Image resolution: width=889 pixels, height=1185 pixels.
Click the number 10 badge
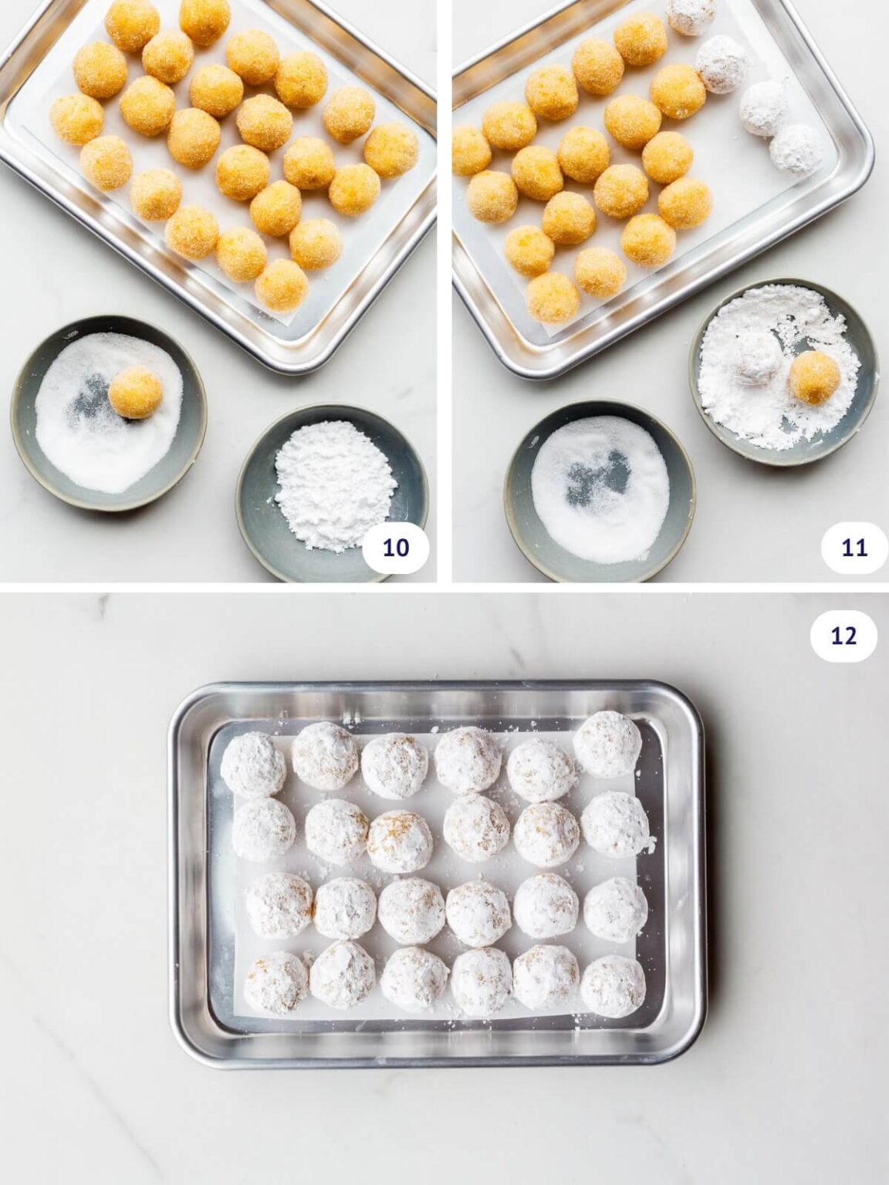pos(396,547)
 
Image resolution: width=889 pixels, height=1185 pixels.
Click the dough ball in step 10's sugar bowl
pos(136,392)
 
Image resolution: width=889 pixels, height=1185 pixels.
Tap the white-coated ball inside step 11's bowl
pos(760,360)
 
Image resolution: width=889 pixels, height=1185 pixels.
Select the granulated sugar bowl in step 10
pos(108,414)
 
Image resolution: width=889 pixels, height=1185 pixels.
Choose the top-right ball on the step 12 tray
pos(607,744)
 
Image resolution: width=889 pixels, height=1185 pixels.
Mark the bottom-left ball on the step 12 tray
pos(276,981)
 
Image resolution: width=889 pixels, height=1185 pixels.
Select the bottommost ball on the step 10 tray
pos(281,285)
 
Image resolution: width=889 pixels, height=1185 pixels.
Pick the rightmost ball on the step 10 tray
pos(391,150)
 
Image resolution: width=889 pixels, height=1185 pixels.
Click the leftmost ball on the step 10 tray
pos(77,120)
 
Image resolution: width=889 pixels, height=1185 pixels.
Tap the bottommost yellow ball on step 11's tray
pos(553,297)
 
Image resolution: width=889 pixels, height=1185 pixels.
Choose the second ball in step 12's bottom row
pos(342,974)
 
